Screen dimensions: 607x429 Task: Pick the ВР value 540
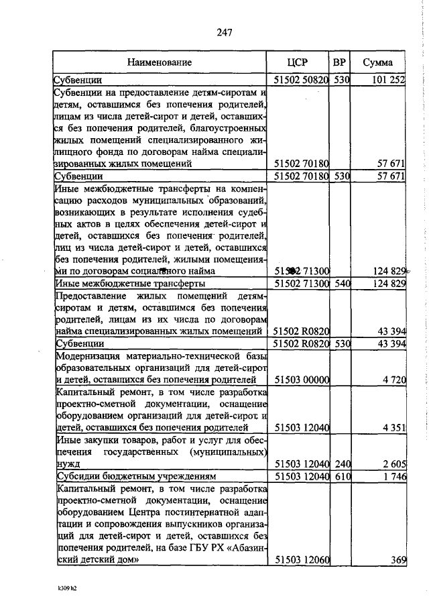(x=343, y=284)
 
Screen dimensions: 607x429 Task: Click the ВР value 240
(x=343, y=462)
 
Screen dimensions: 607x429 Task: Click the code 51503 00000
(x=302, y=380)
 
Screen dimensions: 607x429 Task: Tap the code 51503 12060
(x=302, y=560)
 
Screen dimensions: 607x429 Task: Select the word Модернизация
(x=89, y=355)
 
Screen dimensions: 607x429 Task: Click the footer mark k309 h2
(x=68, y=588)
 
